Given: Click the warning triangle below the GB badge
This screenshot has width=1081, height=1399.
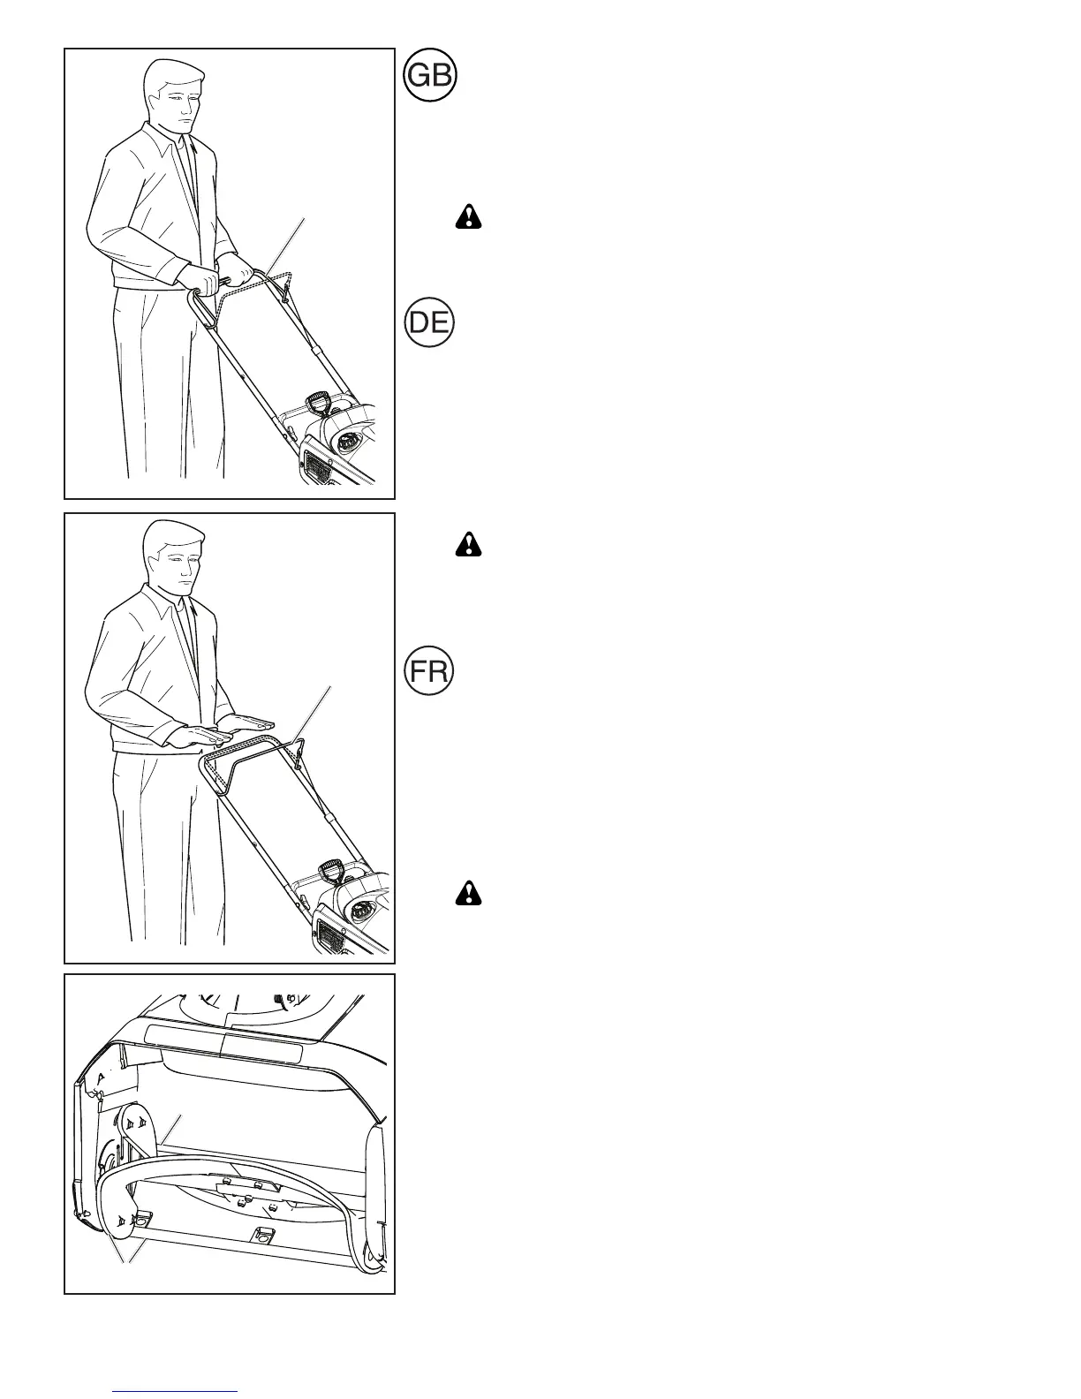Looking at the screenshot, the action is (469, 217).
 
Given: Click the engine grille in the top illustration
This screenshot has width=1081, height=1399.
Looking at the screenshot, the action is (316, 462).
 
